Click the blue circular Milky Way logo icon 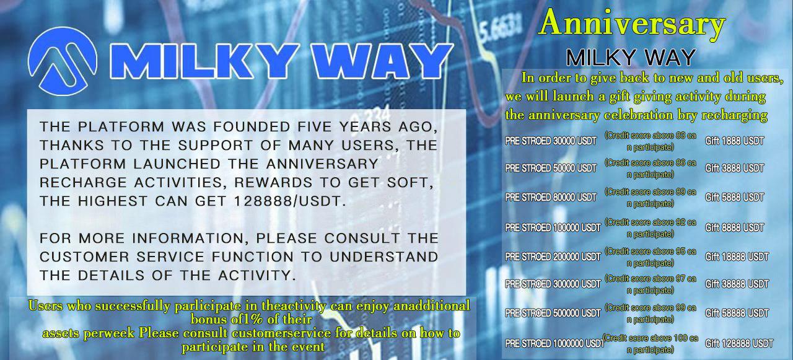pos(63,61)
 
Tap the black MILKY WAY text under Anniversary pos(631,58)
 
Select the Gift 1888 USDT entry pos(734,141)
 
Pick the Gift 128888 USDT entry pos(738,343)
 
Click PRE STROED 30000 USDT pos(551,141)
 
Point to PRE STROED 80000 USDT pos(551,198)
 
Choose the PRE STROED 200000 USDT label pos(553,257)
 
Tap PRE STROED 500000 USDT pos(553,314)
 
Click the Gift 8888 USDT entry pos(734,227)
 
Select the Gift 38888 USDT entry pos(737,284)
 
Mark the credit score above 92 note pos(650,227)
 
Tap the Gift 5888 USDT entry pos(734,198)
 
